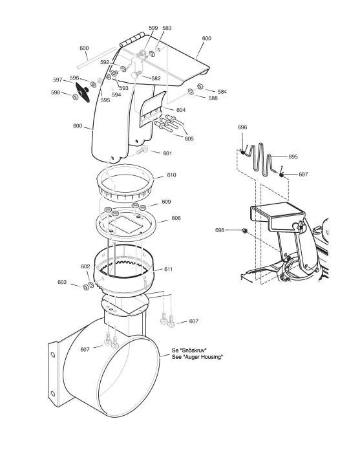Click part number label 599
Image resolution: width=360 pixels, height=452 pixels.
coord(153,28)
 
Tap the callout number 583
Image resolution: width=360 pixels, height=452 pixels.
coord(167,28)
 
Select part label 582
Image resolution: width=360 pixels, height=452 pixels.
coord(156,78)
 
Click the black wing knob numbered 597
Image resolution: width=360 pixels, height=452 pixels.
coord(83,92)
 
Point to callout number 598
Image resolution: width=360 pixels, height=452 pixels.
coord(56,92)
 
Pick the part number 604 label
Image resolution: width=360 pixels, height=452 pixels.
coord(181,110)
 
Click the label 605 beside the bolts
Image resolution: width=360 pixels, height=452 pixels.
coord(189,138)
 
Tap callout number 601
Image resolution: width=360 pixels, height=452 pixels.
coord(167,153)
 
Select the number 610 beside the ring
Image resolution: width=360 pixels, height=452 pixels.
coord(171,175)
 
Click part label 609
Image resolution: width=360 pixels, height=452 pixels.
coord(166,202)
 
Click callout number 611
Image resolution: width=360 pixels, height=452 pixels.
coord(168,269)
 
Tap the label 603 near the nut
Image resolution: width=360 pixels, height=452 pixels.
coord(62,282)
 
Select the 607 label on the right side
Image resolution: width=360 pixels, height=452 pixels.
coord(194,321)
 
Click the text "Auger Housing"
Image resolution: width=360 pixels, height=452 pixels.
coord(203,357)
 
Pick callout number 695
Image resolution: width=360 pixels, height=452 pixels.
coord(293,157)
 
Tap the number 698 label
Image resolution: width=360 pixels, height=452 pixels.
coord(220,230)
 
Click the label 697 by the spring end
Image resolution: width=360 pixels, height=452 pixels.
coord(304,174)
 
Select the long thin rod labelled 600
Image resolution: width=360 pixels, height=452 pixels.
coord(97,58)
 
